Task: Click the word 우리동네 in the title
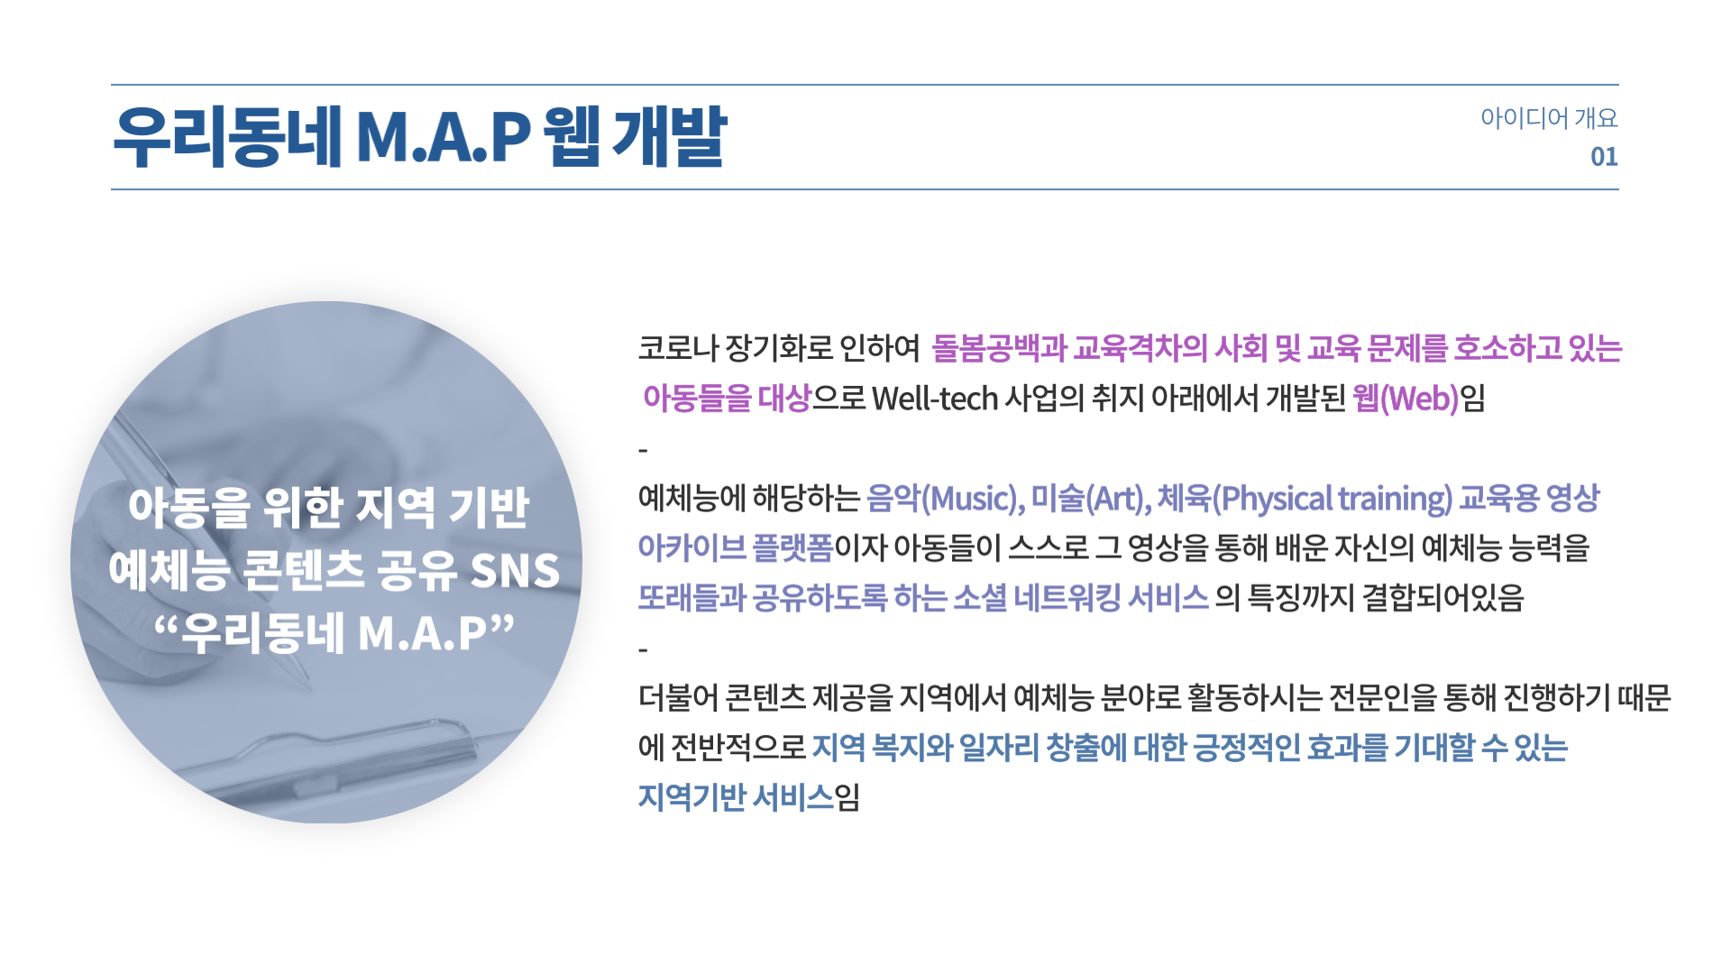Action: point(228,137)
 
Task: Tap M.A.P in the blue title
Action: point(443,137)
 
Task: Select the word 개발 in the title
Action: point(669,137)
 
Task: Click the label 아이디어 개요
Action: point(1548,118)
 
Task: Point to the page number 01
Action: point(1603,157)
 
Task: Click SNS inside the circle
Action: point(515,571)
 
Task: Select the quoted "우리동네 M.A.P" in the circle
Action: point(334,633)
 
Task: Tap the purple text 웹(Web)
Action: point(1405,399)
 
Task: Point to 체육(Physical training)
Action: point(1304,498)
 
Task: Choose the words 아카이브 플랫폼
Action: point(735,547)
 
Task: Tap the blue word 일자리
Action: point(999,747)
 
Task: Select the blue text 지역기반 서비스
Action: point(735,797)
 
